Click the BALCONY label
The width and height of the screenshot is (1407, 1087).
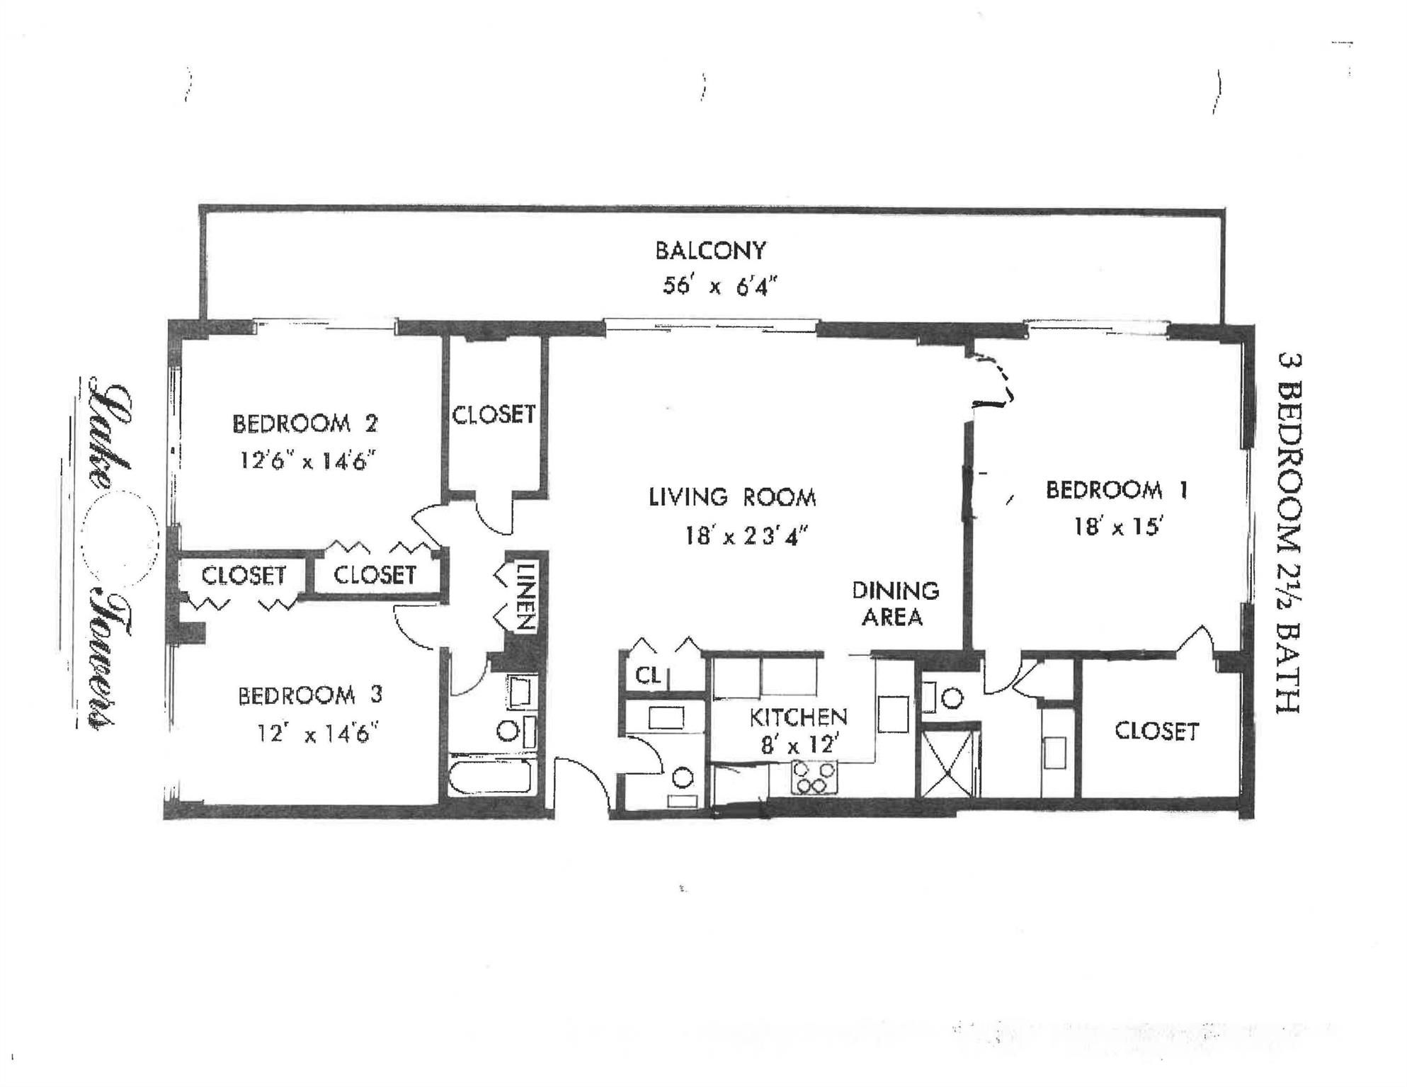pos(710,251)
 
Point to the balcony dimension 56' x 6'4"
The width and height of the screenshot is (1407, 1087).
pos(719,286)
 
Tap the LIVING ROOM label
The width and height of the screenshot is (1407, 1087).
pos(732,497)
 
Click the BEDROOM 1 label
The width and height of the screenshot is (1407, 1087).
pos(1117,490)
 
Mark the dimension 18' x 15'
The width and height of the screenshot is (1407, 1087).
pos(1119,527)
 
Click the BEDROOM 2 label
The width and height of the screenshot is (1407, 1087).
pos(305,423)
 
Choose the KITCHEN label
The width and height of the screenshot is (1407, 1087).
pos(798,717)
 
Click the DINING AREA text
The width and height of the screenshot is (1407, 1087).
pos(894,604)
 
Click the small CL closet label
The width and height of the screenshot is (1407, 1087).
pos(648,676)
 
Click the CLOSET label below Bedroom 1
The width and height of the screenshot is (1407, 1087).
pos(1156,731)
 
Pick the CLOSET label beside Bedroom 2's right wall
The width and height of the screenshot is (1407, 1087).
pos(494,414)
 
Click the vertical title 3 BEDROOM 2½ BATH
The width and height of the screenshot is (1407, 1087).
pos(1288,533)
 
